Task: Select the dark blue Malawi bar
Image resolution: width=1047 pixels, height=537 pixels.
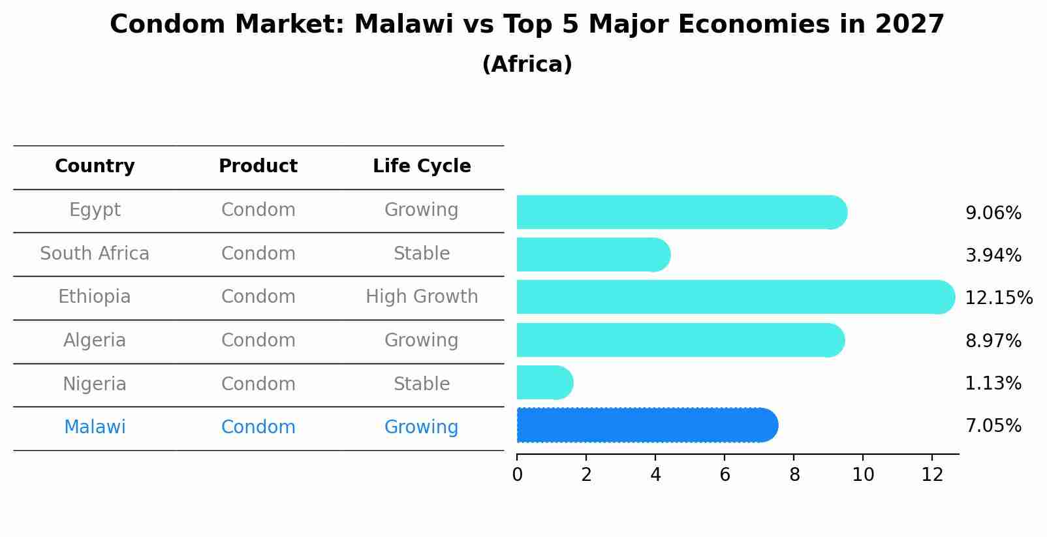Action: [646, 425]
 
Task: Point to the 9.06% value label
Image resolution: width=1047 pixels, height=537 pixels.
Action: [993, 213]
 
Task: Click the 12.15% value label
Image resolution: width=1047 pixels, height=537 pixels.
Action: [998, 298]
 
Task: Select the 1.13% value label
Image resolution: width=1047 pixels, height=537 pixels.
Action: [993, 384]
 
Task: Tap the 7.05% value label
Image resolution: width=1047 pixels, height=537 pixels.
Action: [993, 426]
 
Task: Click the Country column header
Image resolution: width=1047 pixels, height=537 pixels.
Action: [95, 166]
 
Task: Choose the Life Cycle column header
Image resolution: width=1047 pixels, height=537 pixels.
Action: [422, 166]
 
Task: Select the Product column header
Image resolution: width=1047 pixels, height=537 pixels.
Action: [258, 166]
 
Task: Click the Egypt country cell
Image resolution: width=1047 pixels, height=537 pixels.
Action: [95, 210]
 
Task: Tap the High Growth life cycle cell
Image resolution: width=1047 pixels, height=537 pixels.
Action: [422, 297]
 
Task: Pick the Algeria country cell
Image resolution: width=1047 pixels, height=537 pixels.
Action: [95, 341]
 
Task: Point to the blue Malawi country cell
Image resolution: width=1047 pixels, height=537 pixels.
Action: [95, 427]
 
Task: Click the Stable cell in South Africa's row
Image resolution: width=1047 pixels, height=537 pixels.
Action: [422, 254]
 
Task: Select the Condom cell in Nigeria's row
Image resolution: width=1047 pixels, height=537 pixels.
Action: [258, 384]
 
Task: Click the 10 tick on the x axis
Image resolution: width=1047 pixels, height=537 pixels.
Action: [863, 475]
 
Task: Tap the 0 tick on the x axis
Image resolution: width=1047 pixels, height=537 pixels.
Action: [517, 475]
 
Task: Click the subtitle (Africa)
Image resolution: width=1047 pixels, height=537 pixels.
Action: [527, 65]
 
